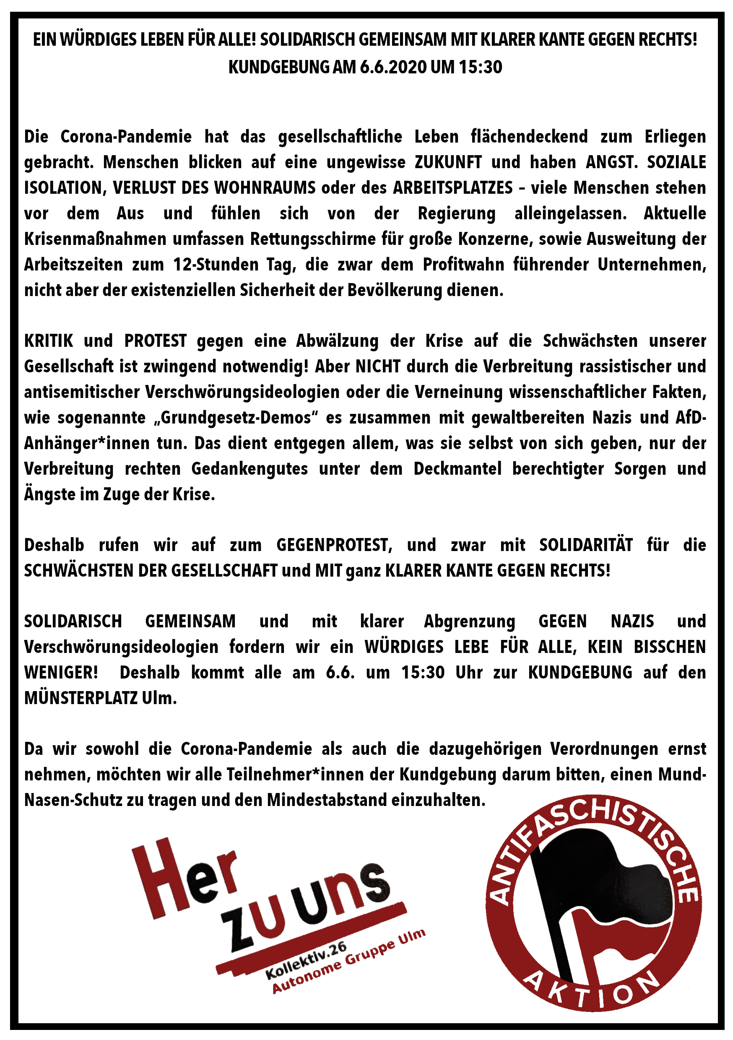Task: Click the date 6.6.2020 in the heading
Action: click(393, 67)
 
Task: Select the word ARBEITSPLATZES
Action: click(452, 187)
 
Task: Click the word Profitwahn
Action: click(463, 265)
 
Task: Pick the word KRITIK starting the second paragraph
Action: click(49, 341)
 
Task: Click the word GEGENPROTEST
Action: click(334, 545)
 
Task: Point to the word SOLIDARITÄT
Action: click(586, 545)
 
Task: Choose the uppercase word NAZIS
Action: click(632, 621)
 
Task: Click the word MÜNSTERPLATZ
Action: click(81, 698)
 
